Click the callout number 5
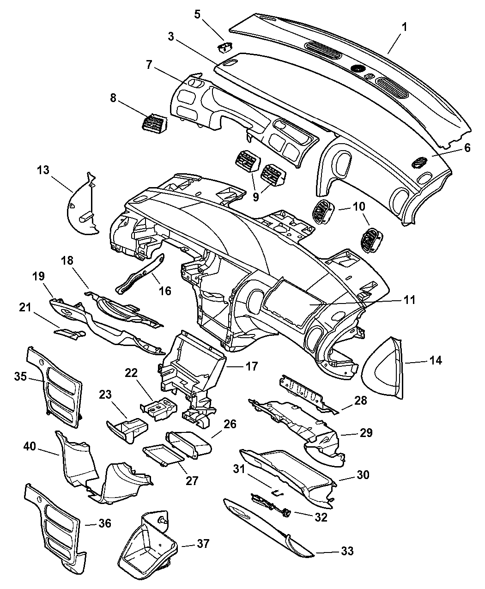(197, 14)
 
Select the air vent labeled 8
(155, 123)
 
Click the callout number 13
(43, 170)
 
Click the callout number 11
(409, 300)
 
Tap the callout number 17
(252, 366)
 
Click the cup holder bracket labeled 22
(158, 408)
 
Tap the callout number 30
(363, 475)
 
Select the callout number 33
(347, 551)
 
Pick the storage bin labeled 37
(147, 546)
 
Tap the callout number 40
(30, 447)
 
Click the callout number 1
(404, 27)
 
